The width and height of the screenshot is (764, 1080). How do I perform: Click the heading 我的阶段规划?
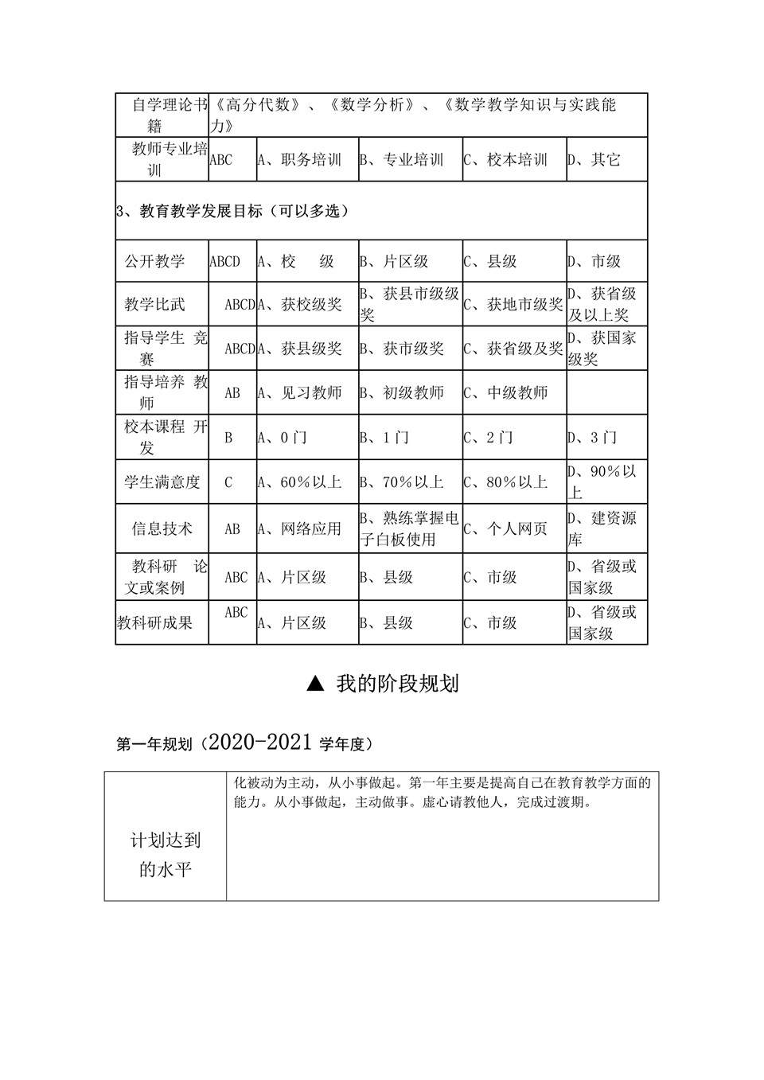(397, 684)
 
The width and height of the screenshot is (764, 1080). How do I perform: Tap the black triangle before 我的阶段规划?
(315, 684)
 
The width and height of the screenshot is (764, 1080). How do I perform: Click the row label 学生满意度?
(162, 482)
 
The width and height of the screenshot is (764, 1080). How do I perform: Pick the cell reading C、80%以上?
(506, 482)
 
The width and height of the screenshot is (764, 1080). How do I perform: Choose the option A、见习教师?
(299, 392)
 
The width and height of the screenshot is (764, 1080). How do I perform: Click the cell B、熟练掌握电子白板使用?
(409, 528)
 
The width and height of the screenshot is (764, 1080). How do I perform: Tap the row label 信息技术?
(162, 528)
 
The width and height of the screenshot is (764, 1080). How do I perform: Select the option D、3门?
(592, 437)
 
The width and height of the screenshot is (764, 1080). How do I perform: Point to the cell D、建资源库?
(602, 528)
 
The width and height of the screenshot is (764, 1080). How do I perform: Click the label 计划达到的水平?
(166, 855)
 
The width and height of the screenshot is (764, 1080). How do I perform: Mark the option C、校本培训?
(506, 160)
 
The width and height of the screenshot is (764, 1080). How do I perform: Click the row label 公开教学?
(154, 261)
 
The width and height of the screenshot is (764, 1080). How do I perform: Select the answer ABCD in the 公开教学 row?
(224, 261)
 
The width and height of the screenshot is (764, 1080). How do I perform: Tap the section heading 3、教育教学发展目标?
(232, 211)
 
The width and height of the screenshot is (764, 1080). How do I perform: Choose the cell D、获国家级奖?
(602, 348)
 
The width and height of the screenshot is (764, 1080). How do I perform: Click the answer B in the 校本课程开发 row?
(228, 437)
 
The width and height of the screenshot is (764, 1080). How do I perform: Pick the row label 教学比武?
(154, 304)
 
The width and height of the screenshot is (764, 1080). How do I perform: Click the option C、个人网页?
(506, 528)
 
